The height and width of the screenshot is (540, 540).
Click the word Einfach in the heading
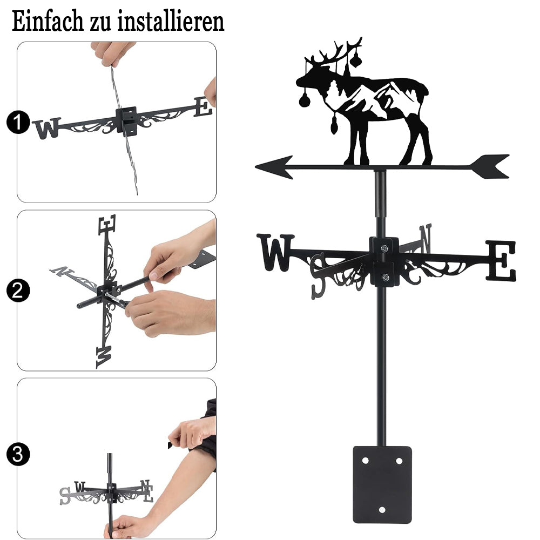48,21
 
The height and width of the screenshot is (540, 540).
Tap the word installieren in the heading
171,21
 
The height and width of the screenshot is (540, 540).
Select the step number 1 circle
18,122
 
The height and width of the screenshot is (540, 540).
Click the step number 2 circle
18,291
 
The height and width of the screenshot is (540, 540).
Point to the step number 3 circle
18,454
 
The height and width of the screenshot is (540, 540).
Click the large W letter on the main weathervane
275,252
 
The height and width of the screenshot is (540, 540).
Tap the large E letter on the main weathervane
501,260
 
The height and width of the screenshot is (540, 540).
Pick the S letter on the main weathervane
318,276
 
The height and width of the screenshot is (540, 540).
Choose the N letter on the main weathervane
426,238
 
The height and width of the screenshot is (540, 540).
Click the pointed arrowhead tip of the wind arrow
256,167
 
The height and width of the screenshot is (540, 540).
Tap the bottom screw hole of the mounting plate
382,510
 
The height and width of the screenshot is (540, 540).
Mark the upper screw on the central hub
383,248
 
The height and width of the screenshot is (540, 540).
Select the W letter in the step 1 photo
47,129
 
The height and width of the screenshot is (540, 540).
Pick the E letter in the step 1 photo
203,106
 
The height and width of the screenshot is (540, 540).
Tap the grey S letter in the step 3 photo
65,496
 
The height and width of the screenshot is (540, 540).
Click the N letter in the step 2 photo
59,271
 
